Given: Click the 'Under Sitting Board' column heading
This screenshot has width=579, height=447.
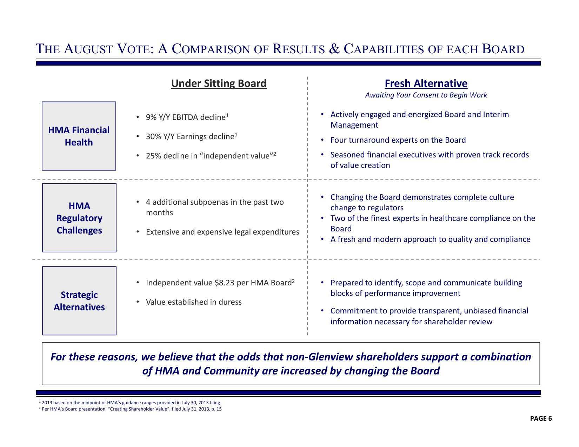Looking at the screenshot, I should click(x=219, y=83).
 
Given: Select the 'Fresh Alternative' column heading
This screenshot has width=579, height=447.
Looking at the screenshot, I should click(x=426, y=83).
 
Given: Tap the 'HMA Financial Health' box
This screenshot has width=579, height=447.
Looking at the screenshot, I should click(x=79, y=136).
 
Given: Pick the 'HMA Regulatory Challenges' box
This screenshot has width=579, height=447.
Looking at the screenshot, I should click(x=79, y=218).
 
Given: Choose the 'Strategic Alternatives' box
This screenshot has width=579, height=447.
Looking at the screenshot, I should click(x=79, y=301).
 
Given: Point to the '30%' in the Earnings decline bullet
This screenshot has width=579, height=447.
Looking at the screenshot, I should click(x=153, y=137).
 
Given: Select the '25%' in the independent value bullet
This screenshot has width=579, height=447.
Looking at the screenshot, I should click(x=153, y=156).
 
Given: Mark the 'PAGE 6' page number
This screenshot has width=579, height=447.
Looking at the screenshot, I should click(x=541, y=418).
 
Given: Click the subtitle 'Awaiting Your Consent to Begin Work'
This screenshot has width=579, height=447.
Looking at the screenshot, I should click(x=426, y=95).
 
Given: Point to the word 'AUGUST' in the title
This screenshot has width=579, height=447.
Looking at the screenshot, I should click(x=89, y=49).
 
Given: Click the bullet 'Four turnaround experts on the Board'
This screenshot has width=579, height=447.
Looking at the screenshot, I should click(x=398, y=140).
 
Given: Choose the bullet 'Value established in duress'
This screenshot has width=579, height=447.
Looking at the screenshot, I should click(x=194, y=302).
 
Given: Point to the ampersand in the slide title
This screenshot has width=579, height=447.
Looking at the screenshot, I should click(x=334, y=49).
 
